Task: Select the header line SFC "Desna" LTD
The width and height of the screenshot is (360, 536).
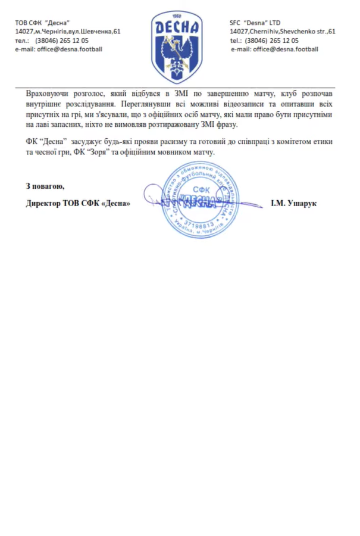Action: pos(255,22)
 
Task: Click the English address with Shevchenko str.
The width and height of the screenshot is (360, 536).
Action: pos(283,31)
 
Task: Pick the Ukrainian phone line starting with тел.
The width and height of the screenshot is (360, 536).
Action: pos(52,40)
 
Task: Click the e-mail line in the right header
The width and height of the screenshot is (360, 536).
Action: pos(274,49)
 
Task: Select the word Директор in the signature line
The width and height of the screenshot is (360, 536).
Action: pos(45,203)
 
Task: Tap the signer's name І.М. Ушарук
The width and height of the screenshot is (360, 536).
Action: pos(294,203)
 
